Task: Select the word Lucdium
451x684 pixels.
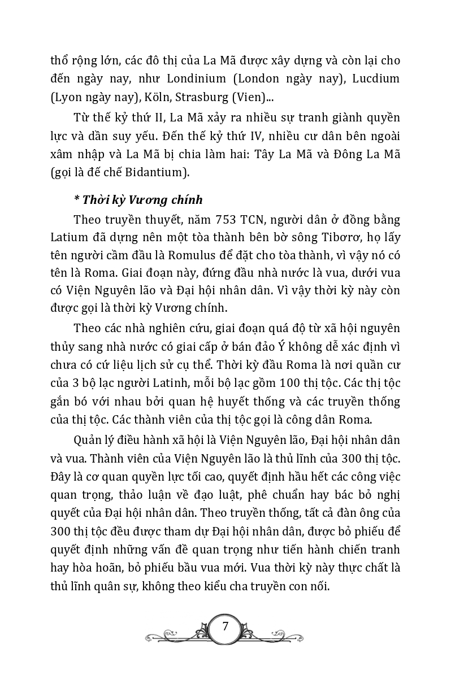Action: tap(376, 79)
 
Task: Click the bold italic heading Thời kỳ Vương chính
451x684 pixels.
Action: tap(138, 200)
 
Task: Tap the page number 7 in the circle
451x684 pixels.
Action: tap(225, 626)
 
